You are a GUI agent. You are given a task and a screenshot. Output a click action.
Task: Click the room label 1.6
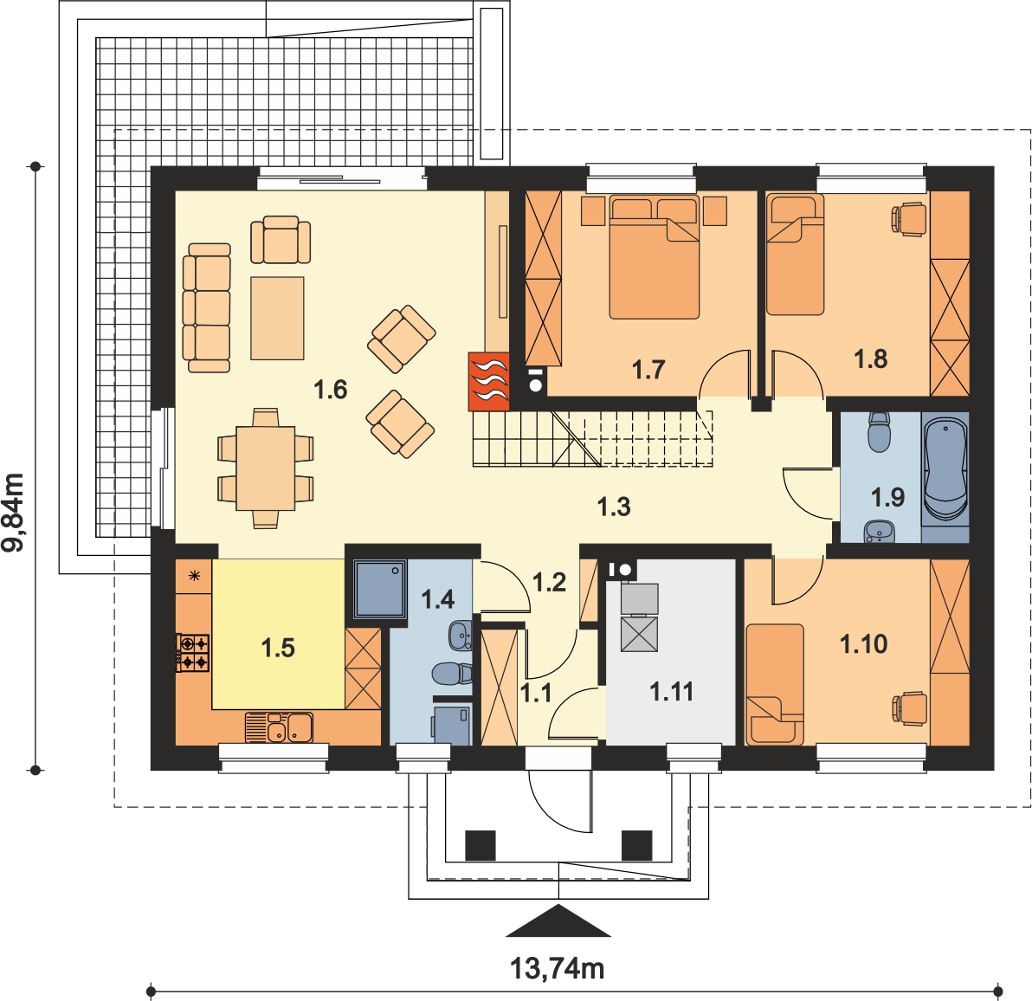point(330,390)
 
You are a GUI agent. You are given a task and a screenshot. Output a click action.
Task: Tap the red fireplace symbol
point(489,381)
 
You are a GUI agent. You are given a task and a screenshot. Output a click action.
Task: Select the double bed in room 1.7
point(655,256)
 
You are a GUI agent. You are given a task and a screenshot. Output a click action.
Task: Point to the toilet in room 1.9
point(879,432)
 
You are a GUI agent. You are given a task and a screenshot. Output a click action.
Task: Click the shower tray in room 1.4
point(380,588)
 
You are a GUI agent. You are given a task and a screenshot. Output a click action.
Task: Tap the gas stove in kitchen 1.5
point(193,652)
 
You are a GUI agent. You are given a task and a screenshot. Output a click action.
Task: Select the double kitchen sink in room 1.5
point(279,727)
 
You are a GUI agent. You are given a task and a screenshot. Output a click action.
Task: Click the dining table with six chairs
point(266,468)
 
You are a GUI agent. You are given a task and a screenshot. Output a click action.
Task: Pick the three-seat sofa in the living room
point(207,308)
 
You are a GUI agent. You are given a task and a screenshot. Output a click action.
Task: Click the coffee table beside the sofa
point(277,318)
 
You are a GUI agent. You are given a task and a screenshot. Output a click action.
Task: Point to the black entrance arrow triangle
point(558,920)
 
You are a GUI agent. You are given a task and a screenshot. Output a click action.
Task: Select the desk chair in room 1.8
point(909,219)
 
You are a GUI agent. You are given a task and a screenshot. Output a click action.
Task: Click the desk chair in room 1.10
point(909,709)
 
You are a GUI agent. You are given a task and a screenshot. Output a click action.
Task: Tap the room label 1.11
point(671,692)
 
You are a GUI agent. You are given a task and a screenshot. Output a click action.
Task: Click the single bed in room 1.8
point(795,254)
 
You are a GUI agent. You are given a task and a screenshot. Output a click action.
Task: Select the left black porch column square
point(480,845)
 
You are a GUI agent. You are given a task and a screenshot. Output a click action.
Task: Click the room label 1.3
point(614,507)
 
